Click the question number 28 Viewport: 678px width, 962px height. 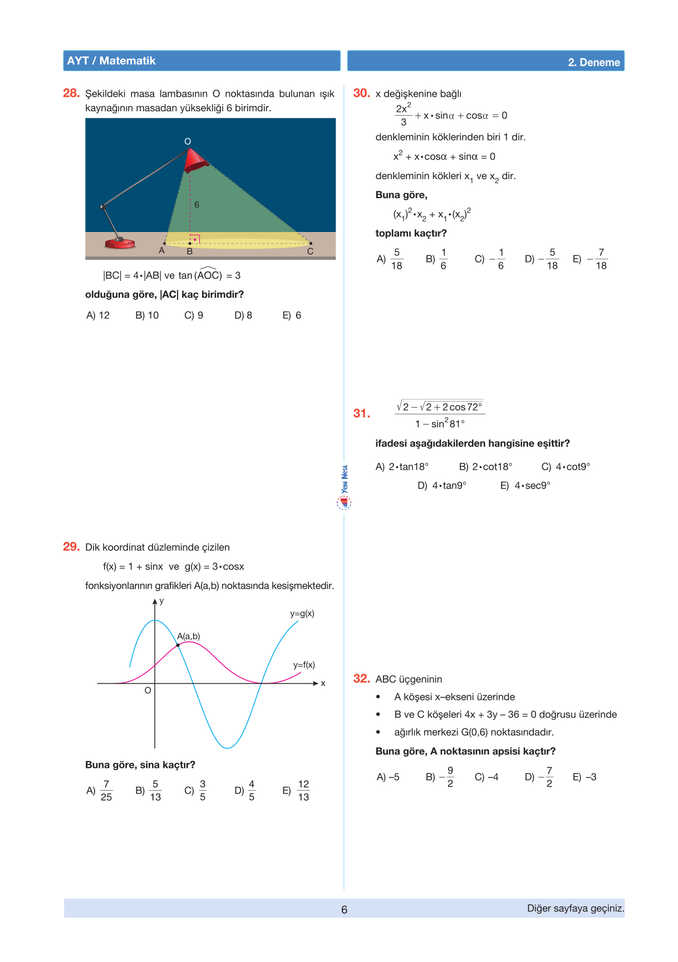71,93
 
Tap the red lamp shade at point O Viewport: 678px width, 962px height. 196,160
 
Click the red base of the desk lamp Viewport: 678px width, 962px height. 120,243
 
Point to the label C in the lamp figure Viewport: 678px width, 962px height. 310,251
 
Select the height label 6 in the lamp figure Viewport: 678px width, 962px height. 196,205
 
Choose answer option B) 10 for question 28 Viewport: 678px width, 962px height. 147,315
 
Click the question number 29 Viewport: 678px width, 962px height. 71,546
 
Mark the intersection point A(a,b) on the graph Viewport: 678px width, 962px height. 178,645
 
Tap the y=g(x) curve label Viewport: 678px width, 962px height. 302,614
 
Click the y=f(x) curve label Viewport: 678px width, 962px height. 304,665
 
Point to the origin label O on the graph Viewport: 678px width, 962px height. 148,690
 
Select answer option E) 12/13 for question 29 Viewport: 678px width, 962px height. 297,790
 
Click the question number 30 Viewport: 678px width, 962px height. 361,93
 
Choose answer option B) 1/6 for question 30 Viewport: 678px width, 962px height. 436,259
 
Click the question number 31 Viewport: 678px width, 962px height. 361,413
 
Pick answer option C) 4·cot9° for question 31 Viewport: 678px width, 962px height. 566,467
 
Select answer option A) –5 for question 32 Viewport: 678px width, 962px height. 388,777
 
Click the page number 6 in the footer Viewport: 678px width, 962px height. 344,910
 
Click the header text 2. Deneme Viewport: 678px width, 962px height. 593,62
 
